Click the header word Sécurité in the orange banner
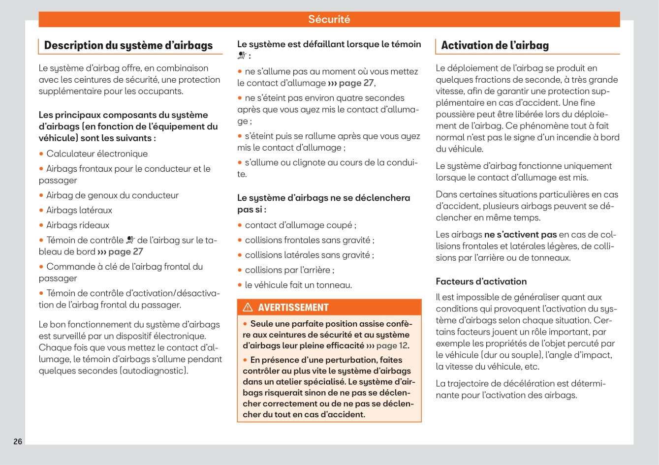click(x=329, y=19)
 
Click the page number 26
click(x=18, y=441)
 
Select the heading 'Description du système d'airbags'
click(x=128, y=45)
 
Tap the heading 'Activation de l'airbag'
click(x=495, y=45)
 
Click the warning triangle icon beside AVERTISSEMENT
click(x=248, y=308)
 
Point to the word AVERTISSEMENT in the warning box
click(x=293, y=308)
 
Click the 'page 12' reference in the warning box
click(x=392, y=345)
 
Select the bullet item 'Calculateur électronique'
click(x=97, y=154)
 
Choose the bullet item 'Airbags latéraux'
click(x=79, y=210)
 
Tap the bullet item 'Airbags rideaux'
click(x=78, y=225)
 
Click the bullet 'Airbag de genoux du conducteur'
click(x=112, y=195)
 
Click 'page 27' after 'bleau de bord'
click(x=126, y=251)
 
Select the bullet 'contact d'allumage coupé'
click(x=300, y=225)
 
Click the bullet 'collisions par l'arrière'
click(x=289, y=270)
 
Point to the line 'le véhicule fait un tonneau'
click(x=298, y=285)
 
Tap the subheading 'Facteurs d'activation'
click(x=481, y=281)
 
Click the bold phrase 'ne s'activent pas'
click(x=520, y=235)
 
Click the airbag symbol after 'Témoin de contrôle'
click(x=130, y=240)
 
